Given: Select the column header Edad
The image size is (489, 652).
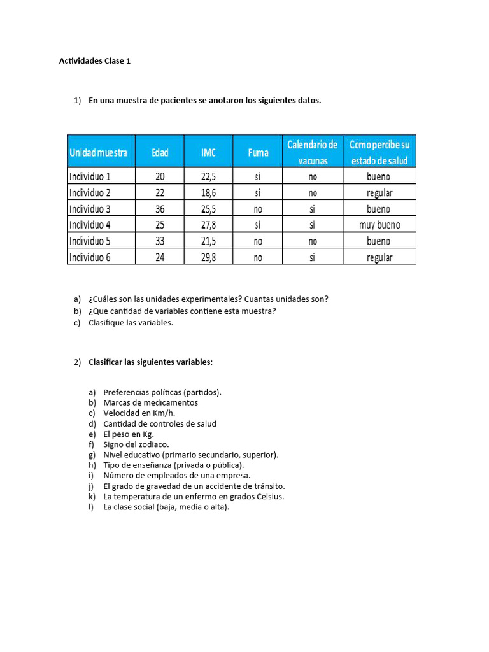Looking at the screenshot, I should [x=160, y=152].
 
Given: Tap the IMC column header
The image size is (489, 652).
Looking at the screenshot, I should [x=208, y=152].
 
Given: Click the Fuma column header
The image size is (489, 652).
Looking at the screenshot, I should [x=258, y=152].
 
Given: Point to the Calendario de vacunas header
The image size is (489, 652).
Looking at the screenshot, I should [x=312, y=152].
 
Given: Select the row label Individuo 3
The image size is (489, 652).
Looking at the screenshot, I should [x=90, y=209].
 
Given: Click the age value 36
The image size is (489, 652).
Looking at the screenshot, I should [x=160, y=209].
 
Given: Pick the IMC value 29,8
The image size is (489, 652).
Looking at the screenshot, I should [x=208, y=257].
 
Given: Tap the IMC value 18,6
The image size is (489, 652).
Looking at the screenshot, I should [x=208, y=192].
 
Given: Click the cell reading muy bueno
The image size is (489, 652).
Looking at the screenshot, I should [x=379, y=225].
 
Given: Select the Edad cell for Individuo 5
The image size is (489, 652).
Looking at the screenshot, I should [x=160, y=241].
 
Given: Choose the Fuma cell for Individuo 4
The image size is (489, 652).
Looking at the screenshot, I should [x=258, y=225].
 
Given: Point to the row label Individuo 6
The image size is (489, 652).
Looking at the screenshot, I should [x=90, y=257].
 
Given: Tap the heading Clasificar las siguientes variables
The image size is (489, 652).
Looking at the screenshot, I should [x=150, y=362].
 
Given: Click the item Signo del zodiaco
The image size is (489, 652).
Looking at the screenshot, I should [x=136, y=444].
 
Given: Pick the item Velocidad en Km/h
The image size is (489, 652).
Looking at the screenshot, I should [x=139, y=413].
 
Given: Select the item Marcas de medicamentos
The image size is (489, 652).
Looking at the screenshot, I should [x=150, y=402].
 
